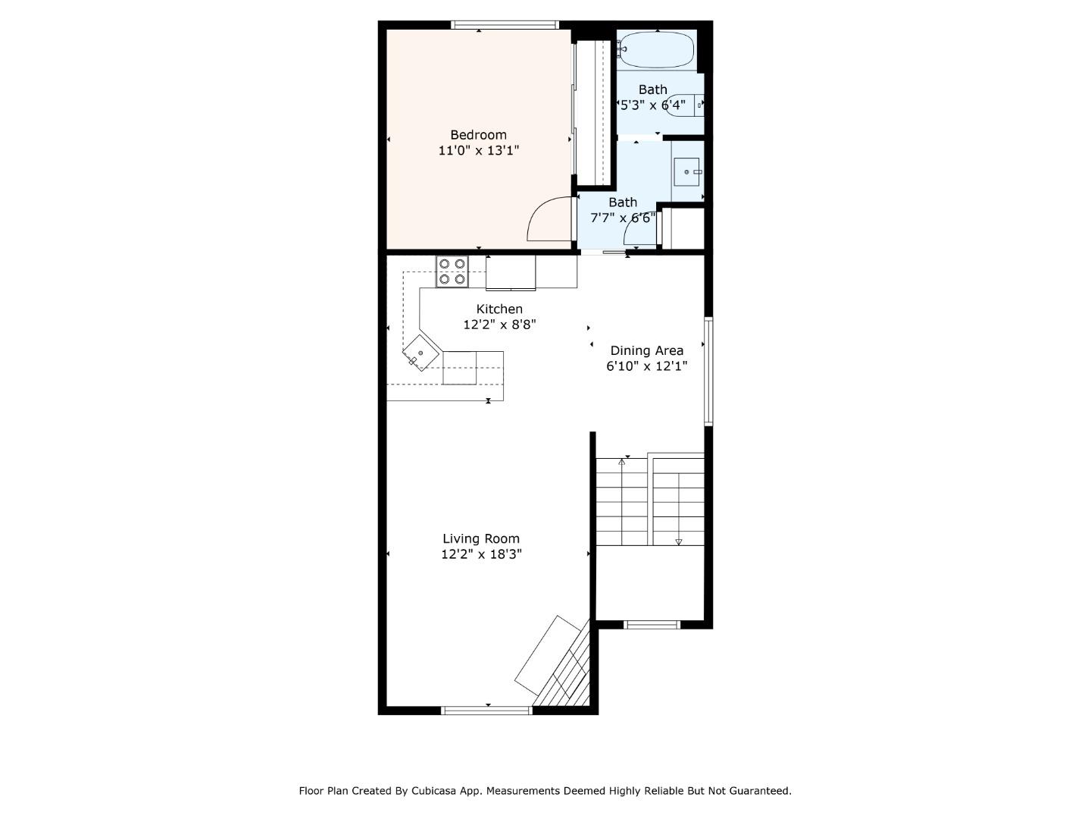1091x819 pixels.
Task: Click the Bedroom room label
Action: tap(478, 135)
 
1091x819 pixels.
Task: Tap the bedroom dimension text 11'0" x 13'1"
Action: tap(478, 150)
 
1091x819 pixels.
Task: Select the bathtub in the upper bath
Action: tap(656, 49)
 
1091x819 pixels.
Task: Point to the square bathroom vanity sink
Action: tap(686, 171)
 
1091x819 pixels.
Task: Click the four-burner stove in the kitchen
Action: tap(452, 271)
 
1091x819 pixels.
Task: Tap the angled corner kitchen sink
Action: tap(420, 353)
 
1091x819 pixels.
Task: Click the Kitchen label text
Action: tap(499, 309)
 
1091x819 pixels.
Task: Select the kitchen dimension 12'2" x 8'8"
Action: tap(499, 325)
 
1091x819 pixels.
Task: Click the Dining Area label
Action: tap(646, 350)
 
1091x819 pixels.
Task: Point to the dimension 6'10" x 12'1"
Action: tap(646, 366)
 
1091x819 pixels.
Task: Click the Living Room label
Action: tap(481, 538)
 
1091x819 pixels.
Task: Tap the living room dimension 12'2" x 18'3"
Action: tap(481, 554)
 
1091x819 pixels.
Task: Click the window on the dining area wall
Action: tap(708, 371)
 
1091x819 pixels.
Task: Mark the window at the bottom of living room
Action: tap(487, 711)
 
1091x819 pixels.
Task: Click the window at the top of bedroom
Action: tap(505, 25)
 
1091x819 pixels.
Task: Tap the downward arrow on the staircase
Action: tap(678, 541)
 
